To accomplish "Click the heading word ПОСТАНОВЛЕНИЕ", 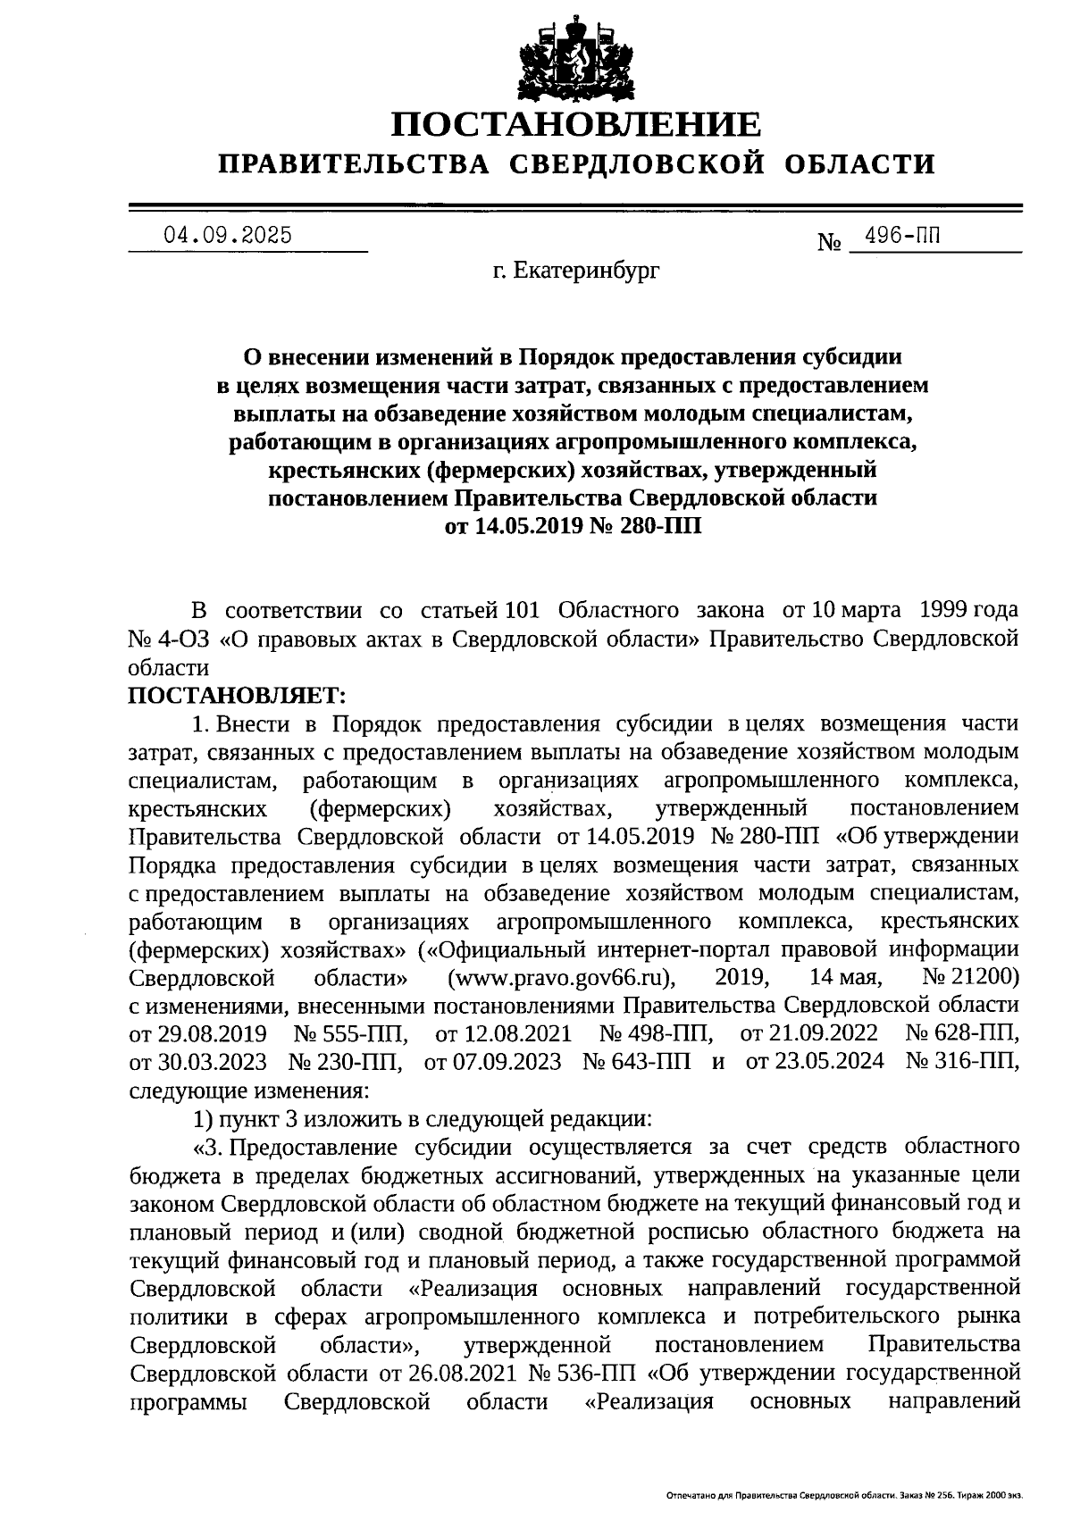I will pos(576,123).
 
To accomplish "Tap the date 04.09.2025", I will pos(227,236).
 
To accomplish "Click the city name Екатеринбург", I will pos(586,270).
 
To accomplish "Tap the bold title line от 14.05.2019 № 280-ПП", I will pos(573,526).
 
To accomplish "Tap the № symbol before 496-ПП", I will pos(830,242).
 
